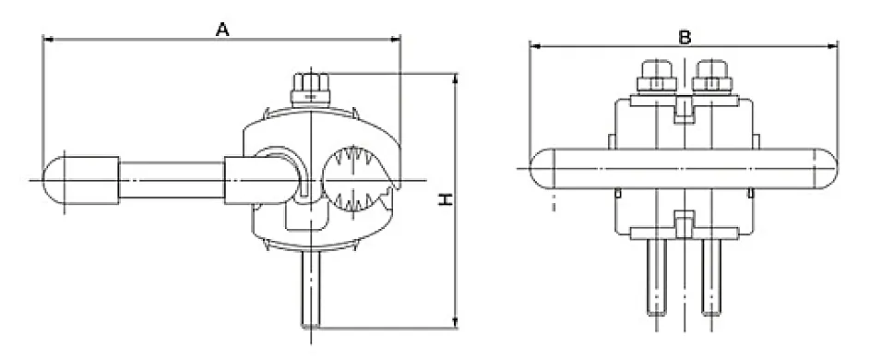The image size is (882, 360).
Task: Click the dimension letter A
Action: point(222,30)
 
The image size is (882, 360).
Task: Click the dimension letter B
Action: point(685,37)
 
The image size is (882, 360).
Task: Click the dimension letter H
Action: point(446,199)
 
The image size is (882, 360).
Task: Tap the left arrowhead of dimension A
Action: point(48,40)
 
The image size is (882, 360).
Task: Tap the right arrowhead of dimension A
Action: point(396,40)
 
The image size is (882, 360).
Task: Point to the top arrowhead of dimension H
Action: point(455,78)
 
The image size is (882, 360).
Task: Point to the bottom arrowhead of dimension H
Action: point(455,323)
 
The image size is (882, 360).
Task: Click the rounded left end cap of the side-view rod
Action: point(54,180)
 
